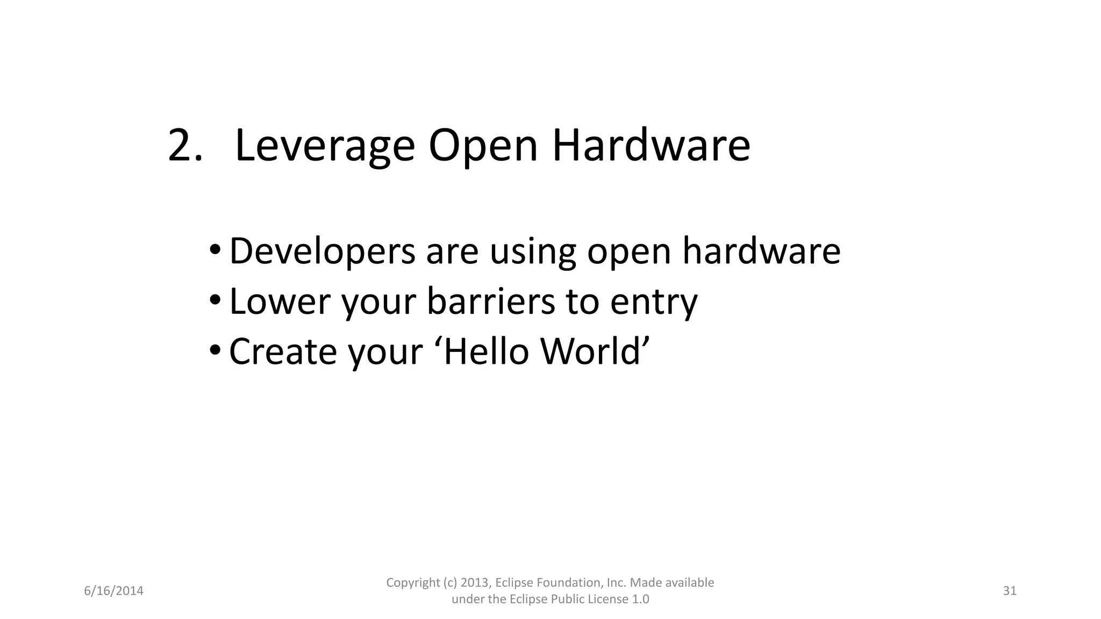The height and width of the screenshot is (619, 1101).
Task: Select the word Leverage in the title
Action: click(x=325, y=146)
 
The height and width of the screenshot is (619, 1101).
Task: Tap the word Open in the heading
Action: click(x=483, y=146)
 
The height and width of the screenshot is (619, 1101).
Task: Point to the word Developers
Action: click(x=322, y=251)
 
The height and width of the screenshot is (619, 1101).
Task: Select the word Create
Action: click(x=283, y=351)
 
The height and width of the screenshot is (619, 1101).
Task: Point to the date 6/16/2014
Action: click(x=114, y=591)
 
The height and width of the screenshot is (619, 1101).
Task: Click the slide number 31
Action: click(x=1010, y=591)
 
